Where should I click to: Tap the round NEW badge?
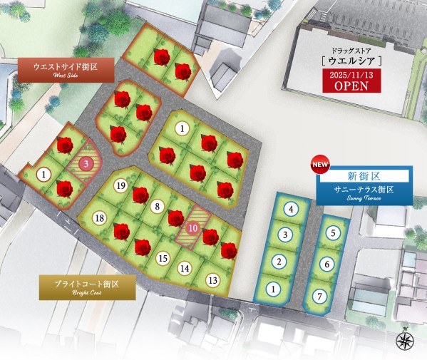[x=319, y=165]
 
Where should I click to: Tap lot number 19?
[x=120, y=186]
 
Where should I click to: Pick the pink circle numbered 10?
[x=193, y=227]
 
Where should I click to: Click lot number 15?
[x=163, y=258]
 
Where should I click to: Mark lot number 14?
[x=185, y=268]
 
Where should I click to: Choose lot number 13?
[x=212, y=279]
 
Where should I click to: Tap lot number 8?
[x=157, y=207]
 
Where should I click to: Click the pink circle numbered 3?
[x=86, y=163]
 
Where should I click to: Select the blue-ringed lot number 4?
[x=291, y=209]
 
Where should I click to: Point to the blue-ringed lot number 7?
[x=321, y=296]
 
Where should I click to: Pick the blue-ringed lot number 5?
[x=332, y=232]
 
